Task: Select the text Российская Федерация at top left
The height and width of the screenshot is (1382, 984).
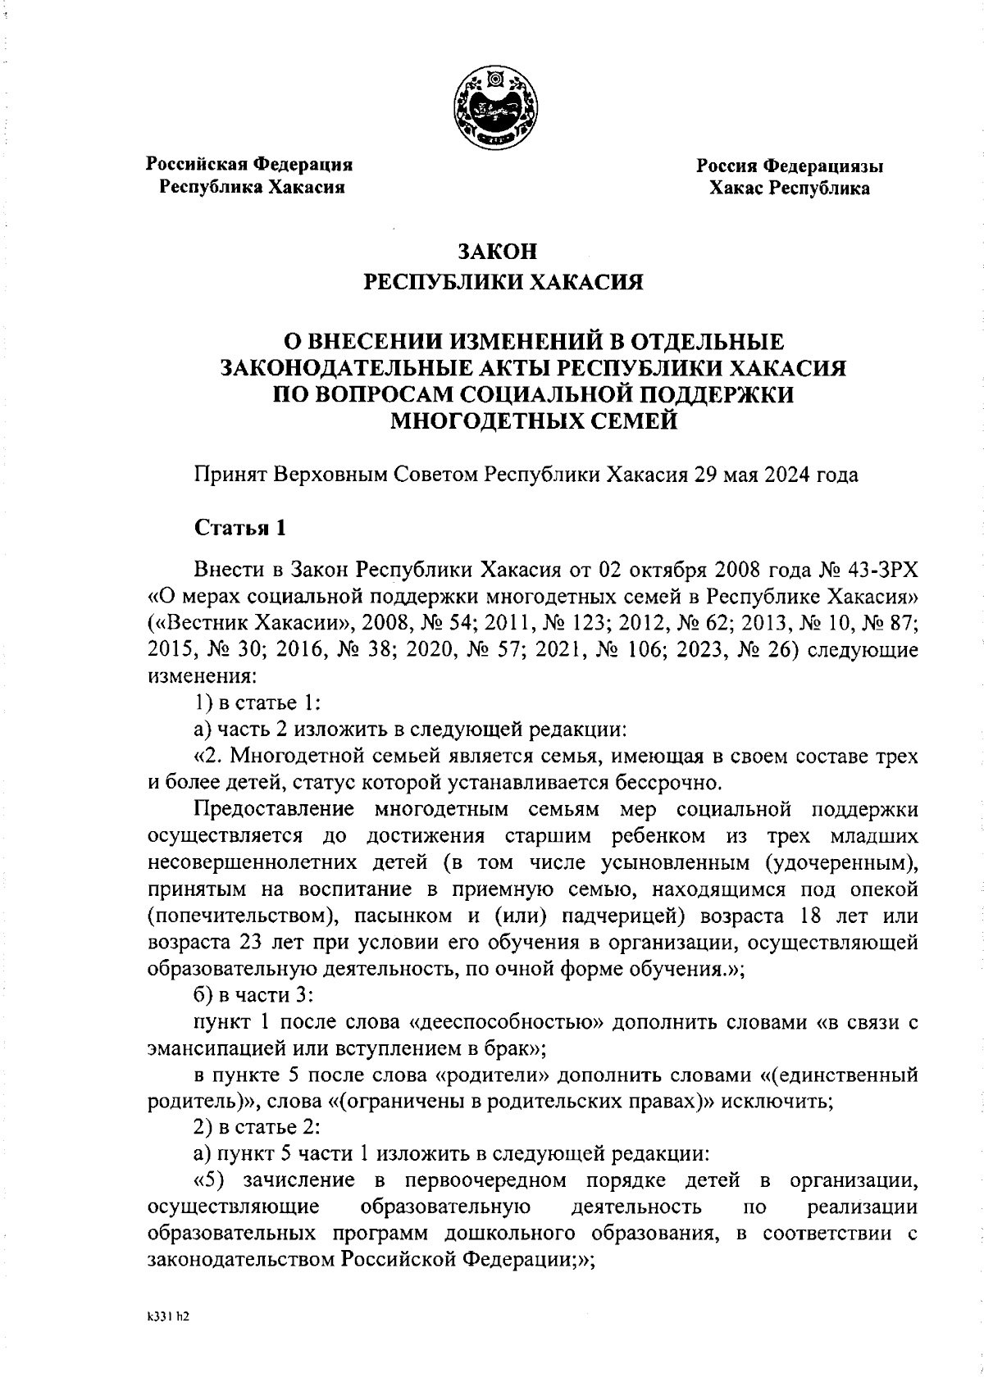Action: (x=249, y=164)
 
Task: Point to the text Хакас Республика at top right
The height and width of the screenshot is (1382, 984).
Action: (x=790, y=189)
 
